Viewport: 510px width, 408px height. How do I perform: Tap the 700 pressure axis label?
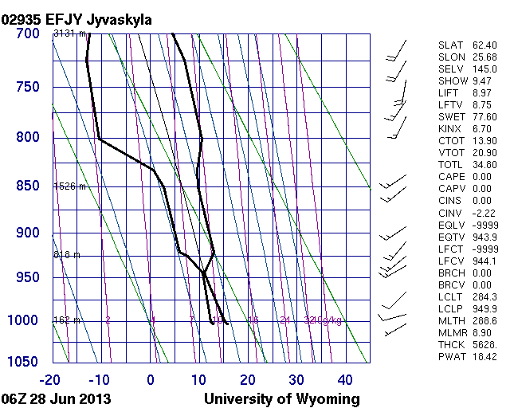(26, 34)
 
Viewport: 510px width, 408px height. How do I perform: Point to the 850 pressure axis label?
(26, 186)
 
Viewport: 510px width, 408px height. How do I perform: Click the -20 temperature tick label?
(53, 379)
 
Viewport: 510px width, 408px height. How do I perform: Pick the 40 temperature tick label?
(345, 379)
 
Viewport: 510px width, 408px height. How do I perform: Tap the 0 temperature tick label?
(151, 379)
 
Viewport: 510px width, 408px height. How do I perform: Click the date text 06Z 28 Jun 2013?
(56, 398)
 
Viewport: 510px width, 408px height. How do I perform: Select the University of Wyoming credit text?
(282, 398)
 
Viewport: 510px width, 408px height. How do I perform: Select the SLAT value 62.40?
(484, 45)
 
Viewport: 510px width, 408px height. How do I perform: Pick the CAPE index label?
(452, 177)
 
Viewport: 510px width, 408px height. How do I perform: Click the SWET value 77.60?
(484, 117)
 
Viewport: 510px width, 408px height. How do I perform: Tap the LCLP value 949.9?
(484, 308)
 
